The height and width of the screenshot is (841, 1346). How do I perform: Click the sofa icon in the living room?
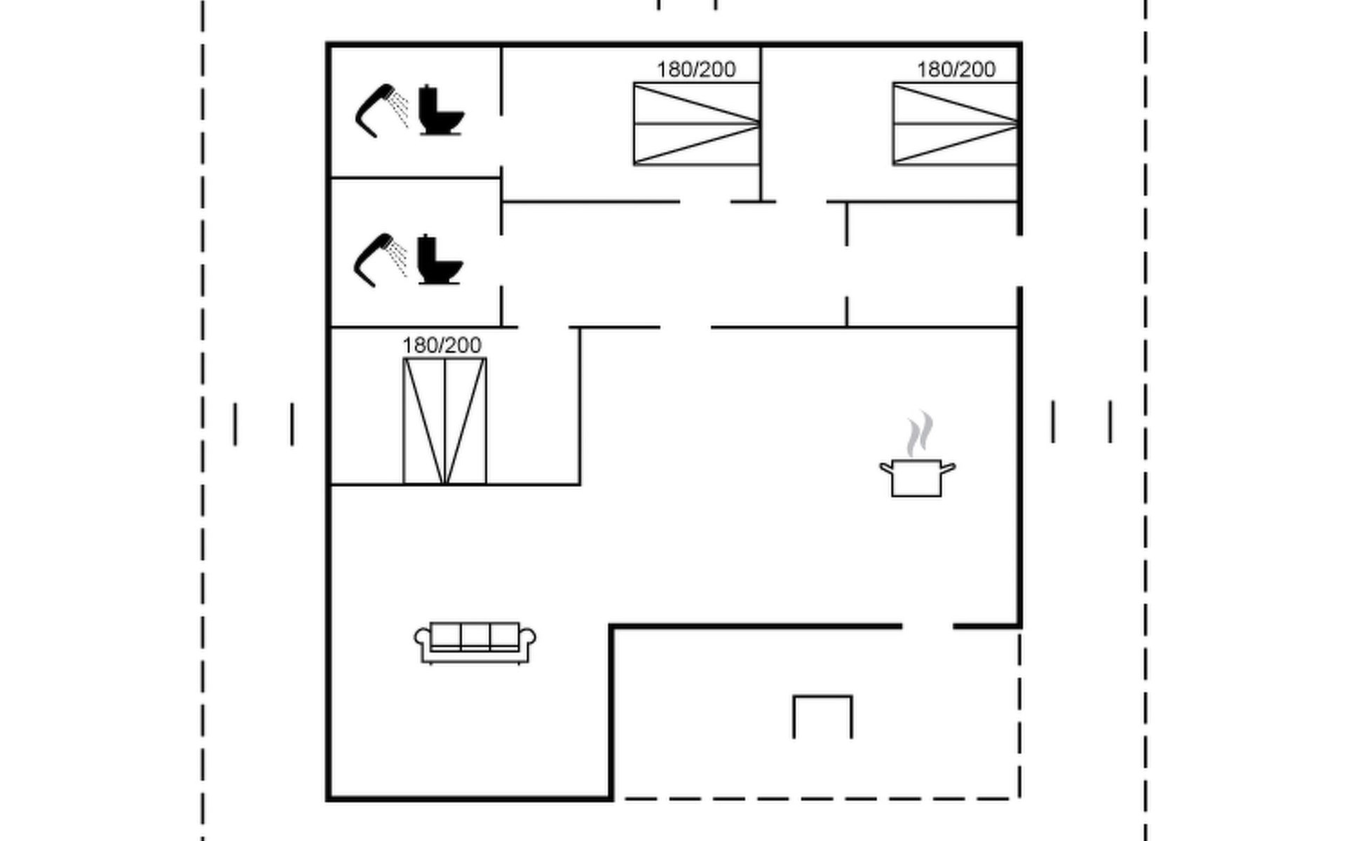click(475, 643)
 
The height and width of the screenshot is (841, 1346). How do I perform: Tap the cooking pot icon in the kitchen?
click(917, 478)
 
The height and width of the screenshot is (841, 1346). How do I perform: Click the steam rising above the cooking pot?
click(919, 433)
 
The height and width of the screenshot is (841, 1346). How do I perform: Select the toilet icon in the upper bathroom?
click(440, 110)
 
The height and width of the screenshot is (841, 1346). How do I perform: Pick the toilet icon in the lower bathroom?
click(440, 259)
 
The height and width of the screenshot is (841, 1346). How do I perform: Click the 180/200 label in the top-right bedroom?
click(956, 69)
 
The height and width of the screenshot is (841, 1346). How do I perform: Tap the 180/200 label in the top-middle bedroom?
click(696, 69)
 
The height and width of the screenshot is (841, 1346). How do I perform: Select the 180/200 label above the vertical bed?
click(442, 346)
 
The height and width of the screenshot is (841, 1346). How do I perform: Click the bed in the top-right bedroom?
click(956, 124)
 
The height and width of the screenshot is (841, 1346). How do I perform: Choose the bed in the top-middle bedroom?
click(697, 124)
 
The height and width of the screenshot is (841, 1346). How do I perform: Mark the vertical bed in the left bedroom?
click(444, 421)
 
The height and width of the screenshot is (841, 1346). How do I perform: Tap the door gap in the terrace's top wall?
click(927, 626)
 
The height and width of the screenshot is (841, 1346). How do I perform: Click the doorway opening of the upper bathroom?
click(501, 141)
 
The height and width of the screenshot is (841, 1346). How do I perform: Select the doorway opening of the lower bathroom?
click(501, 261)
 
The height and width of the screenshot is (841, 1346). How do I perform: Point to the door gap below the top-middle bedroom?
click(705, 202)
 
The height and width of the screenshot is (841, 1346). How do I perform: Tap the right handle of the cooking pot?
click(948, 468)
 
